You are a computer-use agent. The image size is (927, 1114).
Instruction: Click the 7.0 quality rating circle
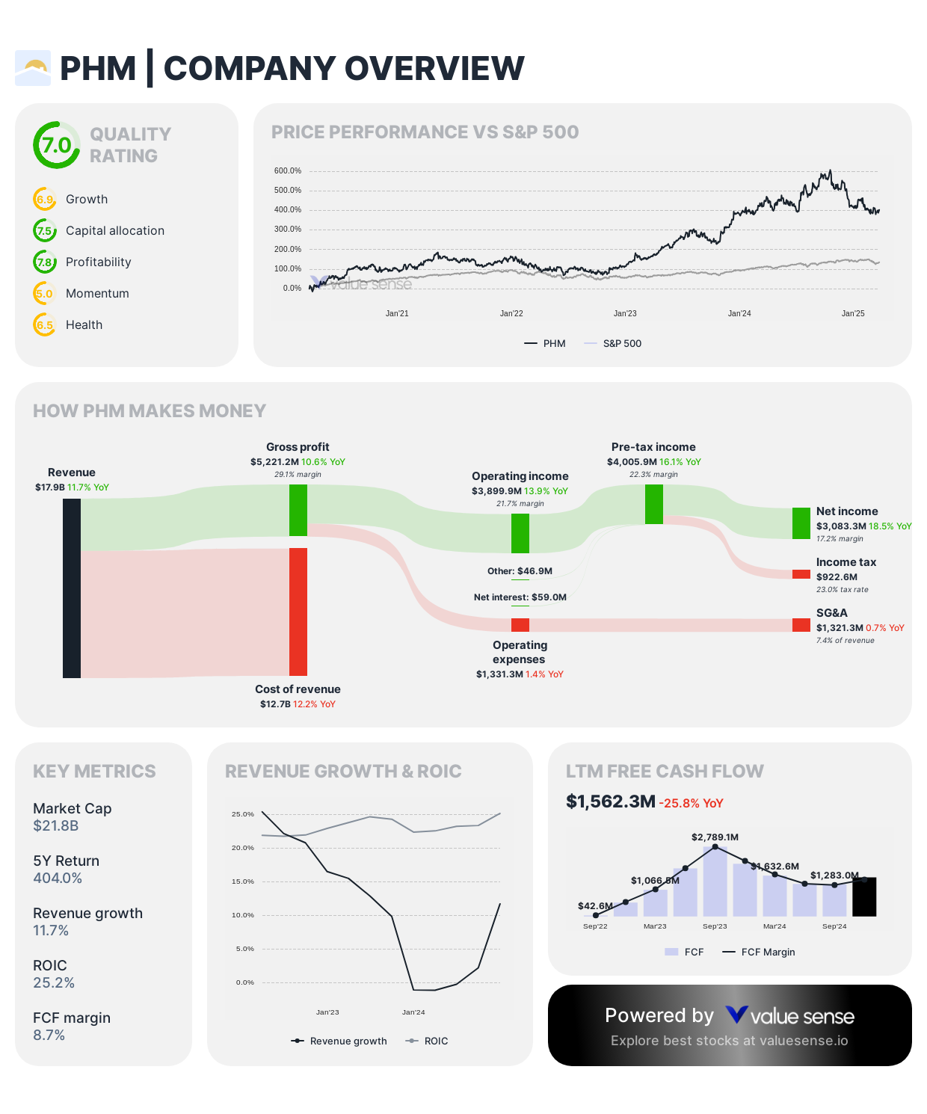57,145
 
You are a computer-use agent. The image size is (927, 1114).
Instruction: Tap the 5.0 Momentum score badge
45,293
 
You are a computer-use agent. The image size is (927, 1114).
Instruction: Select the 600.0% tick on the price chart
288,171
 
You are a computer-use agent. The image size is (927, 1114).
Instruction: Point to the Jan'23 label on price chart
625,313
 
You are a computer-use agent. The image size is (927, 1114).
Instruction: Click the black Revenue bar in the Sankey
72,588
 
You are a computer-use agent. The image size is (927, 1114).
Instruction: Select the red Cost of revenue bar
298,612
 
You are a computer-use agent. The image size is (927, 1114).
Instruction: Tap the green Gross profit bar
298,510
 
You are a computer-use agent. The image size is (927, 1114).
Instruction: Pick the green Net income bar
801,523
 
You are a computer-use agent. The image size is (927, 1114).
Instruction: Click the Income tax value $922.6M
837,576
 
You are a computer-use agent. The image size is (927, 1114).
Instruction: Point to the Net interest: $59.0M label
520,597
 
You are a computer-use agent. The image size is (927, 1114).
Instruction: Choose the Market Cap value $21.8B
55,825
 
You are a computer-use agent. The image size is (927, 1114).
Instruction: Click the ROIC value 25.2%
54,982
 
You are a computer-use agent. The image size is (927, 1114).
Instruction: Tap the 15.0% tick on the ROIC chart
243,881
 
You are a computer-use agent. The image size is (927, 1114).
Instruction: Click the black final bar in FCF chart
864,897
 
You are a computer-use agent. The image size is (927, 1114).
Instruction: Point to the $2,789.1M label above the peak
715,837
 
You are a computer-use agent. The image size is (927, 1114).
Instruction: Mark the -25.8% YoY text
692,803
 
